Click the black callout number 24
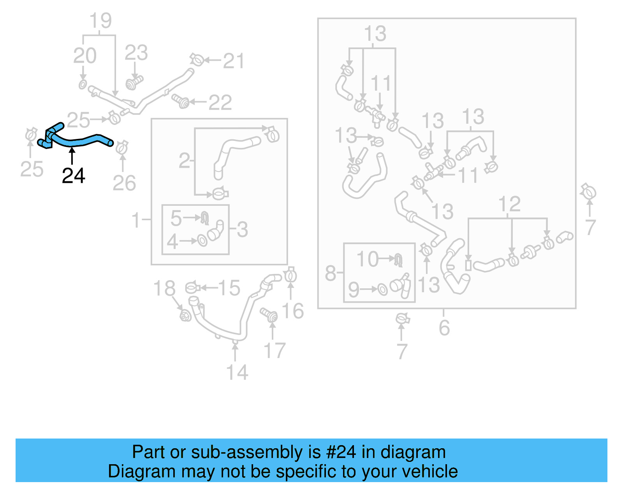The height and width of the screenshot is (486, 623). tap(73, 176)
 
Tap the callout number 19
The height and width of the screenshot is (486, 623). tap(100, 21)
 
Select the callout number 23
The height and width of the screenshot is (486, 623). tap(136, 53)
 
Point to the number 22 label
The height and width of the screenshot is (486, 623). tap(220, 103)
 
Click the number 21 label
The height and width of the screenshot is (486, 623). tap(234, 61)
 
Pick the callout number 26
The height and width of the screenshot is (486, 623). tap(124, 183)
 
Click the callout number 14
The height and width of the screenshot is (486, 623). tap(237, 372)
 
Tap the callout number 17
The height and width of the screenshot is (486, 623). tap(275, 351)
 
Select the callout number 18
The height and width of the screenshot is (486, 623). tap(164, 289)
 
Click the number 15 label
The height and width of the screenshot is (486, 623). tap(229, 288)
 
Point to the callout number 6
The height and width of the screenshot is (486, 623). tap(444, 328)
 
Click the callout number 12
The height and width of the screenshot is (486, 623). tap(509, 204)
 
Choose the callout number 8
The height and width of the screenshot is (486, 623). tap(331, 273)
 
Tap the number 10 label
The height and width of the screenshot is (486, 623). tap(367, 259)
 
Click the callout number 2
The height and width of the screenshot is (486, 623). tap(184, 161)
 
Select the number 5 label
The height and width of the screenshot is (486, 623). tap(176, 218)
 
